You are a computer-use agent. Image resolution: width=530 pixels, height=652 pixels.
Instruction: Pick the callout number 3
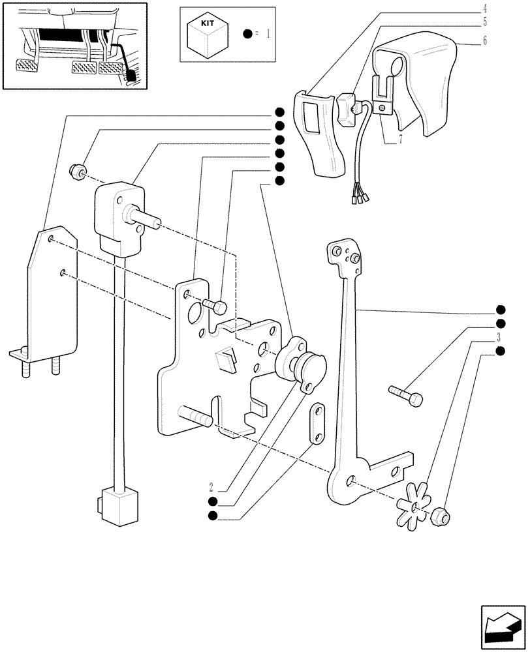click(x=499, y=338)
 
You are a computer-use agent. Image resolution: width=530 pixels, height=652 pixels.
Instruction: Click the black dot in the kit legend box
click(x=248, y=33)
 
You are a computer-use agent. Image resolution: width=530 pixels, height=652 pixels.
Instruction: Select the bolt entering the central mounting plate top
click(x=215, y=304)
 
